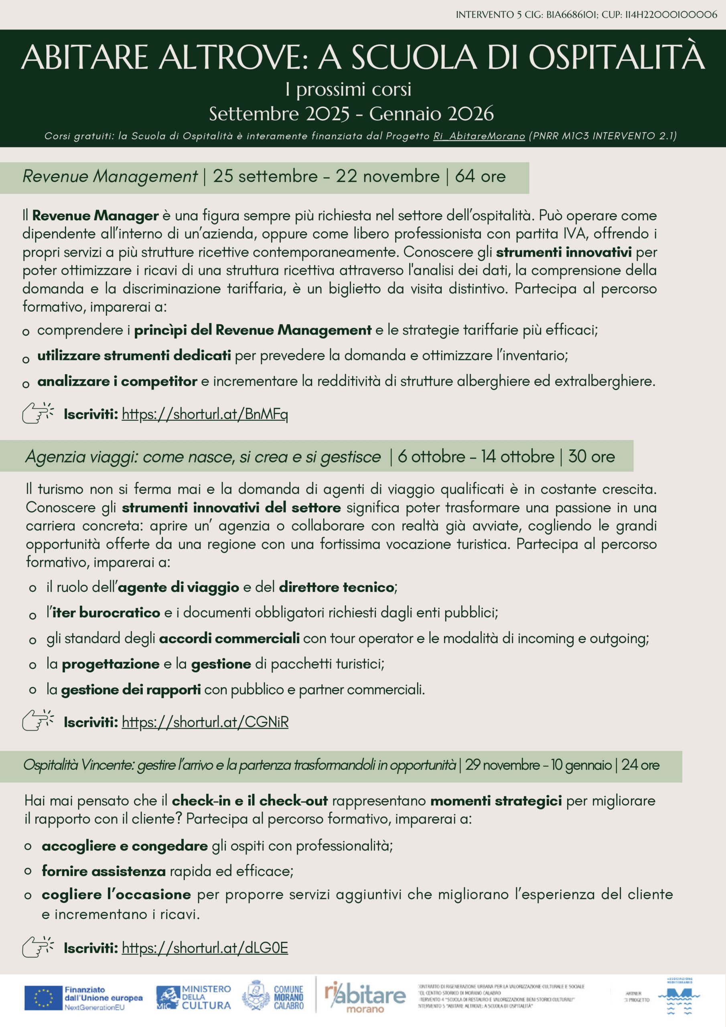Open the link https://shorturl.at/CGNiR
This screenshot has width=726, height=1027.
click(205, 722)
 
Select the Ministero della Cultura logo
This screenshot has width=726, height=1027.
click(193, 998)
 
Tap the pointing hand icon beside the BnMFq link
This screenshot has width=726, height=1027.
click(38, 413)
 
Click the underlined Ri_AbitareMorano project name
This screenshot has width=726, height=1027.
click(479, 136)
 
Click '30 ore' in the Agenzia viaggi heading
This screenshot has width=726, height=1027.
click(591, 457)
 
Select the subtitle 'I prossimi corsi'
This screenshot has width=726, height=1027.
click(349, 89)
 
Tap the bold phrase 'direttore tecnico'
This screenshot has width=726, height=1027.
click(337, 587)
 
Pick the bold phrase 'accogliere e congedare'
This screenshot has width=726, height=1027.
click(125, 846)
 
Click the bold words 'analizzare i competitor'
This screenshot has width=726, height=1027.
click(117, 381)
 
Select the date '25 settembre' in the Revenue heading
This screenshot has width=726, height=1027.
click(265, 176)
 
